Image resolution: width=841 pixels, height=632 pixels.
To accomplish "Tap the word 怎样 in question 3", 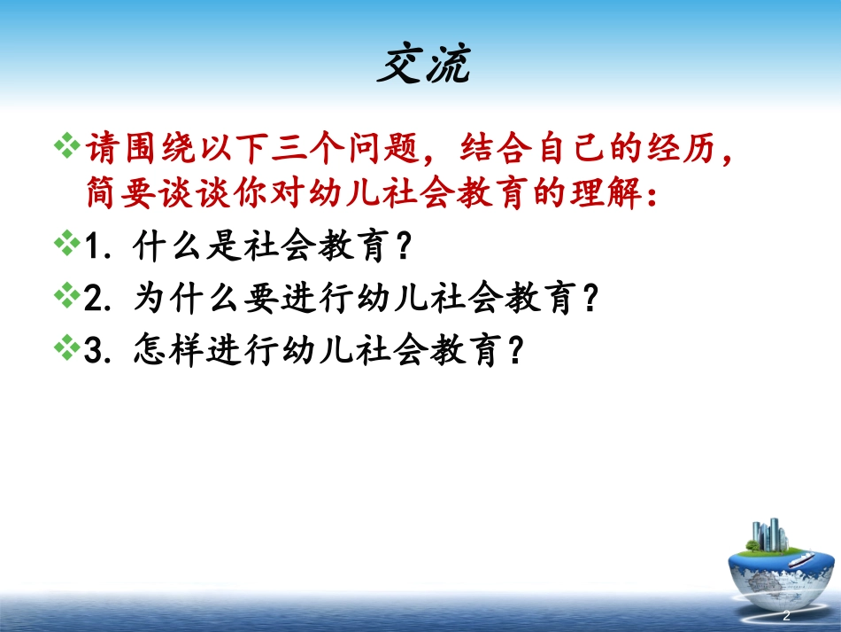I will (164, 350).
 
